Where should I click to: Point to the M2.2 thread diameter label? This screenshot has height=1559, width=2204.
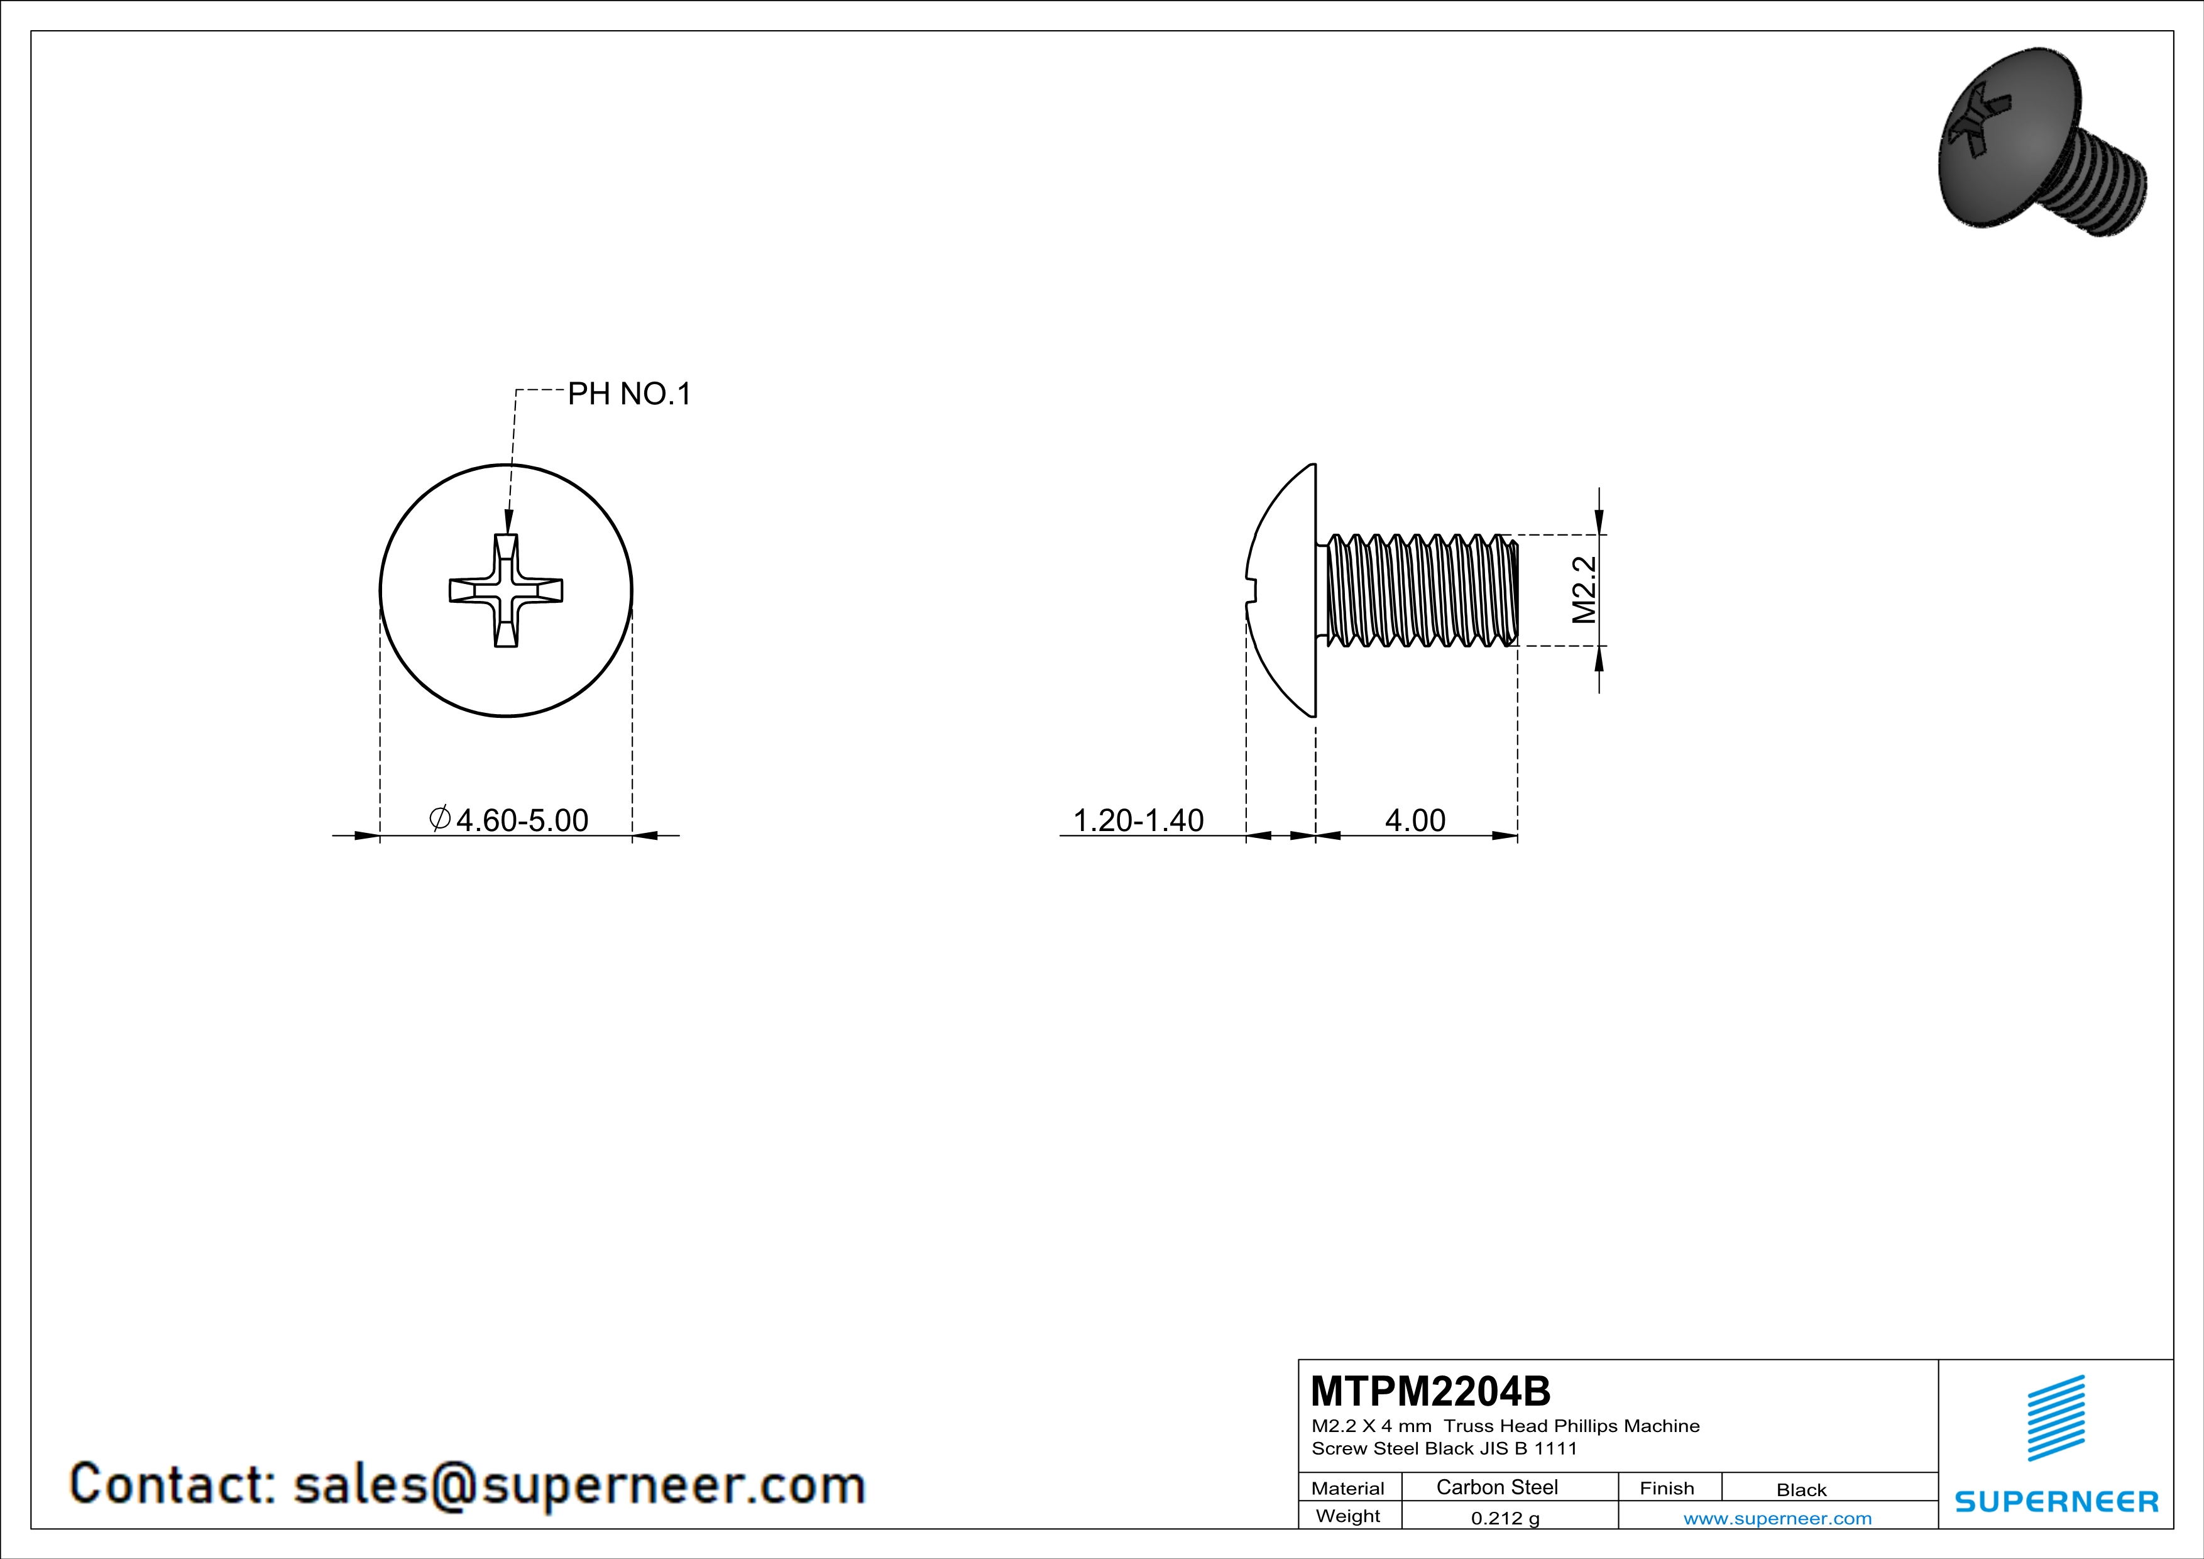click(1584, 590)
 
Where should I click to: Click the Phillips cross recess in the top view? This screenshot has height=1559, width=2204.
click(506, 590)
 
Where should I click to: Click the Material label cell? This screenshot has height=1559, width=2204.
click(1348, 1488)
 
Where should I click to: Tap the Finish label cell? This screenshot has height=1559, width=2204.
click(1667, 1488)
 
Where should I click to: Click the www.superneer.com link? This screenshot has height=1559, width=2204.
click(1777, 1518)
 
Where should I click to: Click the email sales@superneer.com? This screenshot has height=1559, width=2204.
click(579, 1484)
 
